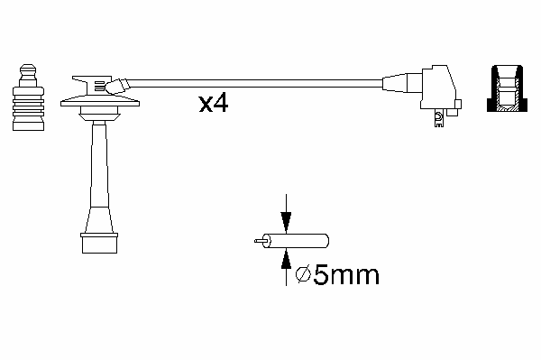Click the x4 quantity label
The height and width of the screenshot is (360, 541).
[x=213, y=103]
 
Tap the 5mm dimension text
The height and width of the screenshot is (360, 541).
[x=346, y=275]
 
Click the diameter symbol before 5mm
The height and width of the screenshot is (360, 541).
[x=304, y=275]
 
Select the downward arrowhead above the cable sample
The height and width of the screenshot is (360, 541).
[x=286, y=222]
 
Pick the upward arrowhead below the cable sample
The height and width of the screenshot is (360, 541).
[x=286, y=259]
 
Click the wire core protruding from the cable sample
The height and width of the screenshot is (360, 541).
[x=260, y=241]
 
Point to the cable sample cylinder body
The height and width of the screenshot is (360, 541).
[x=296, y=241]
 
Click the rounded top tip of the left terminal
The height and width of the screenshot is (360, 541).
[x=28, y=69]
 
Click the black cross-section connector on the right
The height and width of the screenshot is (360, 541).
[x=507, y=88]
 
